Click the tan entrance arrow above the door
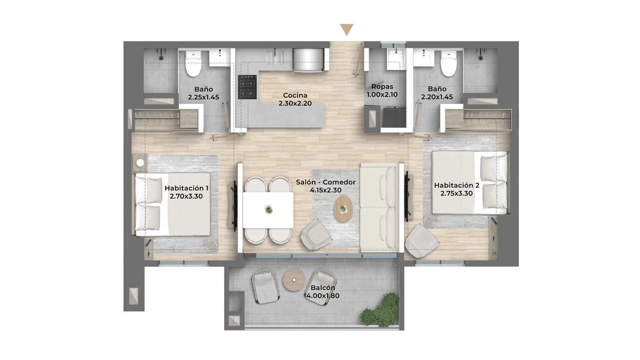click(x=347, y=29)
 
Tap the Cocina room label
click(x=295, y=95)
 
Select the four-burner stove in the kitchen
click(x=248, y=87)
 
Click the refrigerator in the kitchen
click(x=309, y=60)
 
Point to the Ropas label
click(x=382, y=87)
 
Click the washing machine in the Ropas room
click(x=394, y=117)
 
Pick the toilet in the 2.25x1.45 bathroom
click(x=194, y=64)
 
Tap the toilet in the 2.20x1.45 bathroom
click(x=449, y=64)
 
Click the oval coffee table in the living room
click(x=343, y=209)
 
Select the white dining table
click(x=268, y=210)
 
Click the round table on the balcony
click(x=294, y=280)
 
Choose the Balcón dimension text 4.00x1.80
click(x=323, y=296)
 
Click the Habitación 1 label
click(x=186, y=188)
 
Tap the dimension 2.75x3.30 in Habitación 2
click(x=456, y=193)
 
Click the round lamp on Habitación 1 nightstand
click(x=140, y=163)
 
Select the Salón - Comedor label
click(x=326, y=182)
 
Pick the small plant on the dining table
click(x=268, y=210)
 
